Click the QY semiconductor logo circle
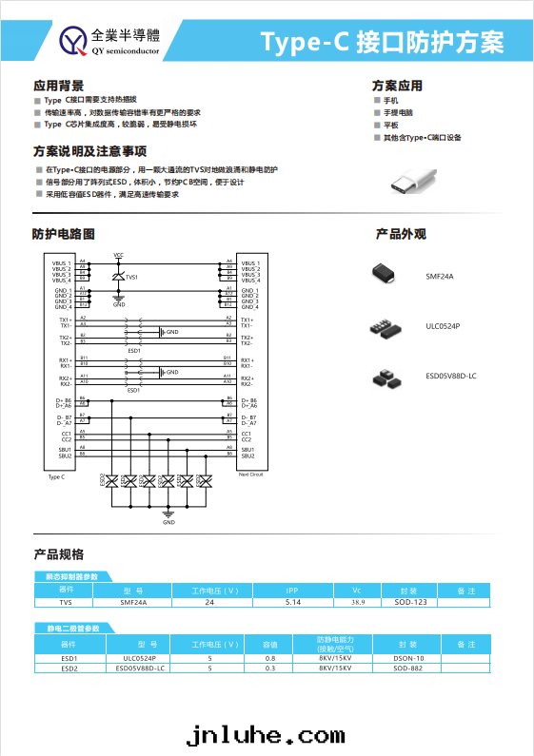73,40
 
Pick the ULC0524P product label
443,326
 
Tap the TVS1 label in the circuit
131,277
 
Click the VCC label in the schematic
118,255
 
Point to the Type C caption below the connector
56,476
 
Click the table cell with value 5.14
292,602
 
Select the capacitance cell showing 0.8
269,657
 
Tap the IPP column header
292,591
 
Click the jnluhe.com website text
266,735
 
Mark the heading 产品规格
58,553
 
